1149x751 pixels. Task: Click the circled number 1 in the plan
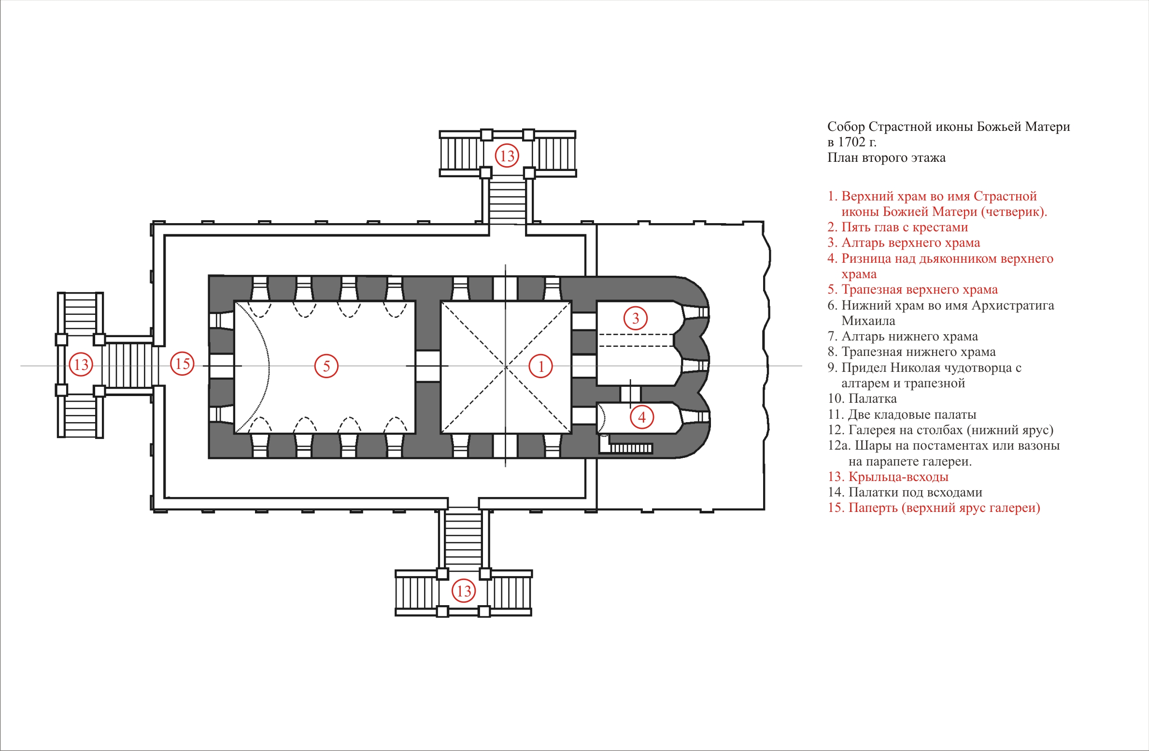pyautogui.click(x=541, y=366)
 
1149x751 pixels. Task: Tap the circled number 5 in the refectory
pyautogui.click(x=326, y=366)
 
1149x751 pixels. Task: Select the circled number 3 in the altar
pyautogui.click(x=636, y=318)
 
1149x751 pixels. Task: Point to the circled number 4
pyautogui.click(x=642, y=417)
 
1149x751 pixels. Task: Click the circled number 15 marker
pyautogui.click(x=183, y=364)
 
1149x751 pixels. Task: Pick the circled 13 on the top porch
pyautogui.click(x=507, y=156)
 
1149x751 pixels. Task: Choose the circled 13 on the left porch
pyautogui.click(x=81, y=364)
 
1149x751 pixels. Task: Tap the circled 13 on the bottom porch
pyautogui.click(x=464, y=591)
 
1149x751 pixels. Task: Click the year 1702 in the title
pyautogui.click(x=851, y=142)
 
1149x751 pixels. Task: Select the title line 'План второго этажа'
pyautogui.click(x=886, y=158)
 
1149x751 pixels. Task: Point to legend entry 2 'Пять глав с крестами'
pyautogui.click(x=897, y=227)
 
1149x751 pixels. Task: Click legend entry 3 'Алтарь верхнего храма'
pyautogui.click(x=904, y=242)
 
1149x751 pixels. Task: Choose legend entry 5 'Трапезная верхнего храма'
pyautogui.click(x=912, y=289)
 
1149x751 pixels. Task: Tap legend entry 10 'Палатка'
pyautogui.click(x=862, y=398)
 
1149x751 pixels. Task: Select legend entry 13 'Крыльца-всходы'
pyautogui.click(x=888, y=477)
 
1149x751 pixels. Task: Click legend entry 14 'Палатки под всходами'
pyautogui.click(x=905, y=492)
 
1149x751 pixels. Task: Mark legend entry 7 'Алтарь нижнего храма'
pyautogui.click(x=903, y=336)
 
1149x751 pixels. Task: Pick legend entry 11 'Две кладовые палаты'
pyautogui.click(x=902, y=414)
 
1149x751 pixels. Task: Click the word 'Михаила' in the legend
pyautogui.click(x=868, y=321)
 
